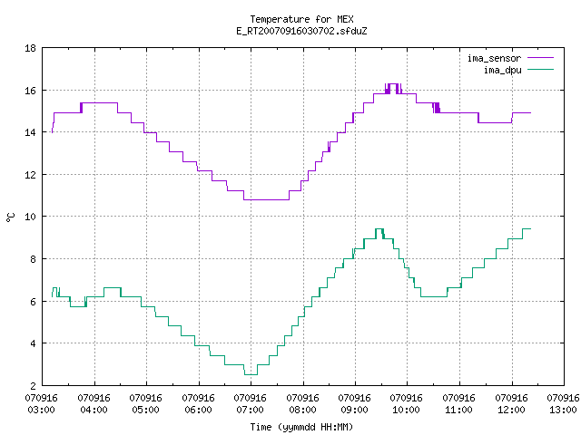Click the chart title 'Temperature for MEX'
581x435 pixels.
[x=301, y=19]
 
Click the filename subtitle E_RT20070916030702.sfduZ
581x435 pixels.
[x=301, y=31]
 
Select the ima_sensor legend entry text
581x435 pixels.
[x=494, y=58]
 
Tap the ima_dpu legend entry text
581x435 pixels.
[x=503, y=70]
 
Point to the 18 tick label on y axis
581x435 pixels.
[x=30, y=48]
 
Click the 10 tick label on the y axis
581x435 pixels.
[x=30, y=217]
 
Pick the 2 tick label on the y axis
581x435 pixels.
[x=33, y=385]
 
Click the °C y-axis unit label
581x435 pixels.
[x=11, y=217]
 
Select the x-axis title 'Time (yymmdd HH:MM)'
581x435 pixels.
[x=301, y=427]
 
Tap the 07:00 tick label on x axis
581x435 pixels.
[x=251, y=410]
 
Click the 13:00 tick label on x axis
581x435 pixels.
[x=563, y=410]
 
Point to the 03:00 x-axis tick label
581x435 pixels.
[x=41, y=410]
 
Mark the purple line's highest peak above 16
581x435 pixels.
[x=392, y=84]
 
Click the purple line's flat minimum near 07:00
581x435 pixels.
[x=266, y=199]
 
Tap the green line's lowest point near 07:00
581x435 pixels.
[x=251, y=374]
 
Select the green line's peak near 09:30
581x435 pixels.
[x=379, y=229]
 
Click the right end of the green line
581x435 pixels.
[x=530, y=229]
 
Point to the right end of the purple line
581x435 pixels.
[x=530, y=112]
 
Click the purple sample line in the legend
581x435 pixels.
[x=540, y=58]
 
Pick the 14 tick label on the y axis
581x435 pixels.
[x=30, y=132]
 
